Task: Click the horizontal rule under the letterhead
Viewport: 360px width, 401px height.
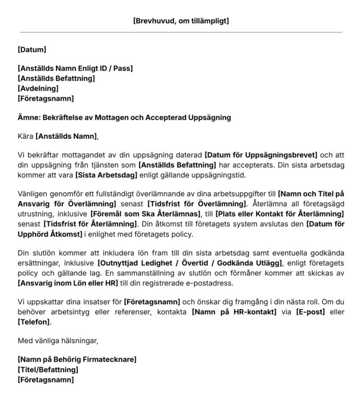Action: [180, 32]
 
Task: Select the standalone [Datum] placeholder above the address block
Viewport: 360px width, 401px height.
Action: [32, 50]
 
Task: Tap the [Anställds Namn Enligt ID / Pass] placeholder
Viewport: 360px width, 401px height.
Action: [75, 68]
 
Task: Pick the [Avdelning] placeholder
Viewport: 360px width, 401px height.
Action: [38, 88]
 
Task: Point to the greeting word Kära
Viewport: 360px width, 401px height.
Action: [25, 136]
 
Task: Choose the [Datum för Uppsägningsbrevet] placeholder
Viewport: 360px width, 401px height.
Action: [261, 155]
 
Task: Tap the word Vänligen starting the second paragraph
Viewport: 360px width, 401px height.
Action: [33, 193]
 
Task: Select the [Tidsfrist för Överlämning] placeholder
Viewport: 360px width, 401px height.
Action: [196, 203]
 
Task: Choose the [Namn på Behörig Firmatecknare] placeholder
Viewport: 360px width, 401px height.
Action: [77, 360]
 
